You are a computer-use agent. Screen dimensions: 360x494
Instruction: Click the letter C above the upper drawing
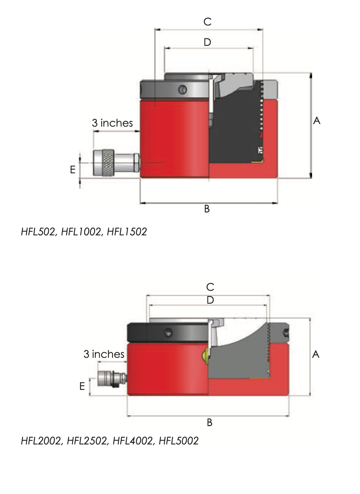207,21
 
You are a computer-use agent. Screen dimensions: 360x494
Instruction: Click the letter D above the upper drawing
207,42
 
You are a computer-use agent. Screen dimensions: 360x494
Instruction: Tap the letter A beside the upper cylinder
317,121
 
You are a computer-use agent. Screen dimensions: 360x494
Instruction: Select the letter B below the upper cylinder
207,209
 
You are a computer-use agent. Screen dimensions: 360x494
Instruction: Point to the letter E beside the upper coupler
73,170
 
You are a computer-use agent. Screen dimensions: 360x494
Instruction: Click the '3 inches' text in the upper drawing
112,123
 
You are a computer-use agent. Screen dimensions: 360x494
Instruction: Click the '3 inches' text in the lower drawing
104,354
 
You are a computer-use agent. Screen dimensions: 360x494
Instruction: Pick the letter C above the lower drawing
210,287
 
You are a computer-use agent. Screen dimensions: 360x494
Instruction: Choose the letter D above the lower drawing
210,300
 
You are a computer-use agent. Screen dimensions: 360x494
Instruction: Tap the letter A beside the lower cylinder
315,354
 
